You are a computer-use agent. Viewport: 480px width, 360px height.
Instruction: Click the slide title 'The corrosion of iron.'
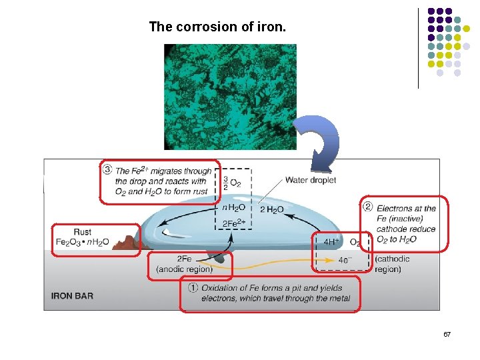(217, 27)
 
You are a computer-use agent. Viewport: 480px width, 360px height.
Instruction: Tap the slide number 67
(447, 333)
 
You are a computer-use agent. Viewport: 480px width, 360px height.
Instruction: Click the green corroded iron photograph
(230, 97)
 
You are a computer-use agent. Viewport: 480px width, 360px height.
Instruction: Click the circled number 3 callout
(107, 170)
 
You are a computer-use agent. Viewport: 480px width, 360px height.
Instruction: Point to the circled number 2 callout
(367, 206)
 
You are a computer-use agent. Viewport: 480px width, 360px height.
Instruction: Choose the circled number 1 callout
(193, 288)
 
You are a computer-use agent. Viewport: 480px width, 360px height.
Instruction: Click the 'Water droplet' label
(311, 180)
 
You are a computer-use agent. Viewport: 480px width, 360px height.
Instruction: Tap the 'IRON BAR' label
(71, 295)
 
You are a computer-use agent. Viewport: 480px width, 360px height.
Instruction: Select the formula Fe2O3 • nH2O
(83, 241)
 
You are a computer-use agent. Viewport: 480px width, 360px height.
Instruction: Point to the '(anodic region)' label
(184, 269)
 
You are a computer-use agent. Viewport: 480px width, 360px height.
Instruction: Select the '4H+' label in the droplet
(331, 242)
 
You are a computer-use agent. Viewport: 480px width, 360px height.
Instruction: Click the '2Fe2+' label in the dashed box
(233, 223)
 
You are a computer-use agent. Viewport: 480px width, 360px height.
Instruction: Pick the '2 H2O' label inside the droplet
(272, 209)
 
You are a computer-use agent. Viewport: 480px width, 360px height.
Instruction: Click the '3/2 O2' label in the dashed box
(233, 184)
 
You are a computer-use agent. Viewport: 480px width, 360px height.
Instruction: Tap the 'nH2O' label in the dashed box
(233, 208)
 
